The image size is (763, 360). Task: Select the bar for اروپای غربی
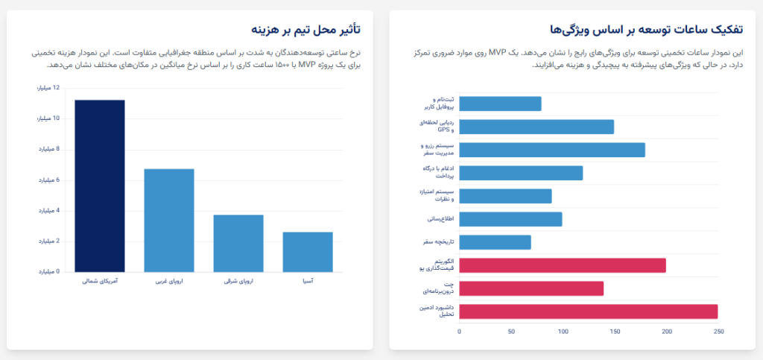tap(168, 220)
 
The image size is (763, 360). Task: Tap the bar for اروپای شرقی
tap(238, 243)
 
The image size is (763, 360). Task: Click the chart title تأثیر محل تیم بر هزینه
tap(305, 29)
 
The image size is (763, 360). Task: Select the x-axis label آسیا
tap(307, 282)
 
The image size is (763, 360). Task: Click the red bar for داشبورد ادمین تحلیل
tap(588, 312)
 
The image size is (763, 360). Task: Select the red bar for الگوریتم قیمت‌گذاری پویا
tap(562, 265)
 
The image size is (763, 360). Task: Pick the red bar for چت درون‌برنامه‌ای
tap(531, 288)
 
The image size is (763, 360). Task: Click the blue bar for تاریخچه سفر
tap(495, 242)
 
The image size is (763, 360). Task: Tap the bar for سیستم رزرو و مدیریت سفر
tap(551, 150)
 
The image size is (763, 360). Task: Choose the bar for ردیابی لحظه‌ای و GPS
tap(536, 127)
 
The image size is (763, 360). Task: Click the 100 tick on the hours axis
tap(563, 332)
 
